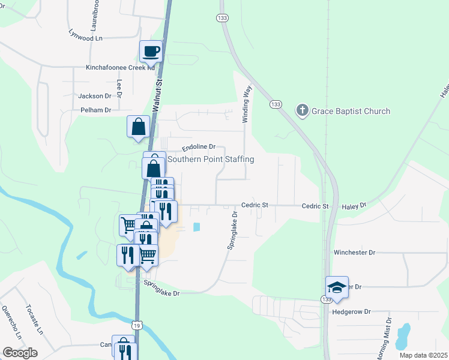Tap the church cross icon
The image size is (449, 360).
[302, 110]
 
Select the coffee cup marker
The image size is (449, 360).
[151, 51]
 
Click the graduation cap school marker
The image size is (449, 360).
[337, 287]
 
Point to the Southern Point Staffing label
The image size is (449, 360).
[211, 159]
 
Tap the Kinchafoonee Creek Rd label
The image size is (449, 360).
[120, 68]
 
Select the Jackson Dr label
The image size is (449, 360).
[95, 96]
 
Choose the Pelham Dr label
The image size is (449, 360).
[96, 110]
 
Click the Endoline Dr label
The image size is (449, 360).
[198, 147]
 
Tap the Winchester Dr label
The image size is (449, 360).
[354, 253]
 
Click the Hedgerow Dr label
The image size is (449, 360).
[352, 312]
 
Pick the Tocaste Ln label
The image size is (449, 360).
[32, 319]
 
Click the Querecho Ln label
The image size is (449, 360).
[11, 323]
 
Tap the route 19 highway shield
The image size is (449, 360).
[138, 325]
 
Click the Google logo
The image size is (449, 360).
[20, 352]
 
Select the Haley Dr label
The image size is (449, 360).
[354, 206]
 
